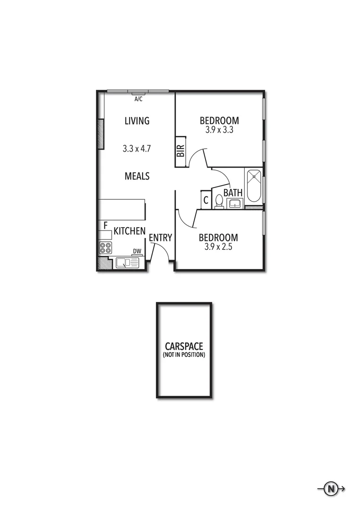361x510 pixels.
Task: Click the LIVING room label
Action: [x=137, y=121]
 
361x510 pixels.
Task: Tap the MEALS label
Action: [x=137, y=176]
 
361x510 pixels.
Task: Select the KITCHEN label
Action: [x=129, y=231]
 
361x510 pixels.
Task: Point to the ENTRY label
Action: [x=160, y=238]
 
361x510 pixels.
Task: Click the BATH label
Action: [x=233, y=193]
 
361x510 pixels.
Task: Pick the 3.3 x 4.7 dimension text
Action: [x=137, y=148]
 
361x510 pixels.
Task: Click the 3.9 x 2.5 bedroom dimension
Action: [x=218, y=246]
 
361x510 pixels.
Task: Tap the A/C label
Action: [x=138, y=99]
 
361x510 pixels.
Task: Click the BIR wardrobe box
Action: [x=180, y=152]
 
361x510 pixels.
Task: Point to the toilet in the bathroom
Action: [x=219, y=202]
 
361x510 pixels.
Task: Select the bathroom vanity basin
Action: [x=234, y=204]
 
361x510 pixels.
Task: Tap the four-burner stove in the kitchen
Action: [x=105, y=247]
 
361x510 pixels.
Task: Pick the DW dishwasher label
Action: [x=137, y=251]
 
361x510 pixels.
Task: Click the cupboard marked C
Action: [x=206, y=200]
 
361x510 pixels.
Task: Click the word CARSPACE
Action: [x=184, y=346]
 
